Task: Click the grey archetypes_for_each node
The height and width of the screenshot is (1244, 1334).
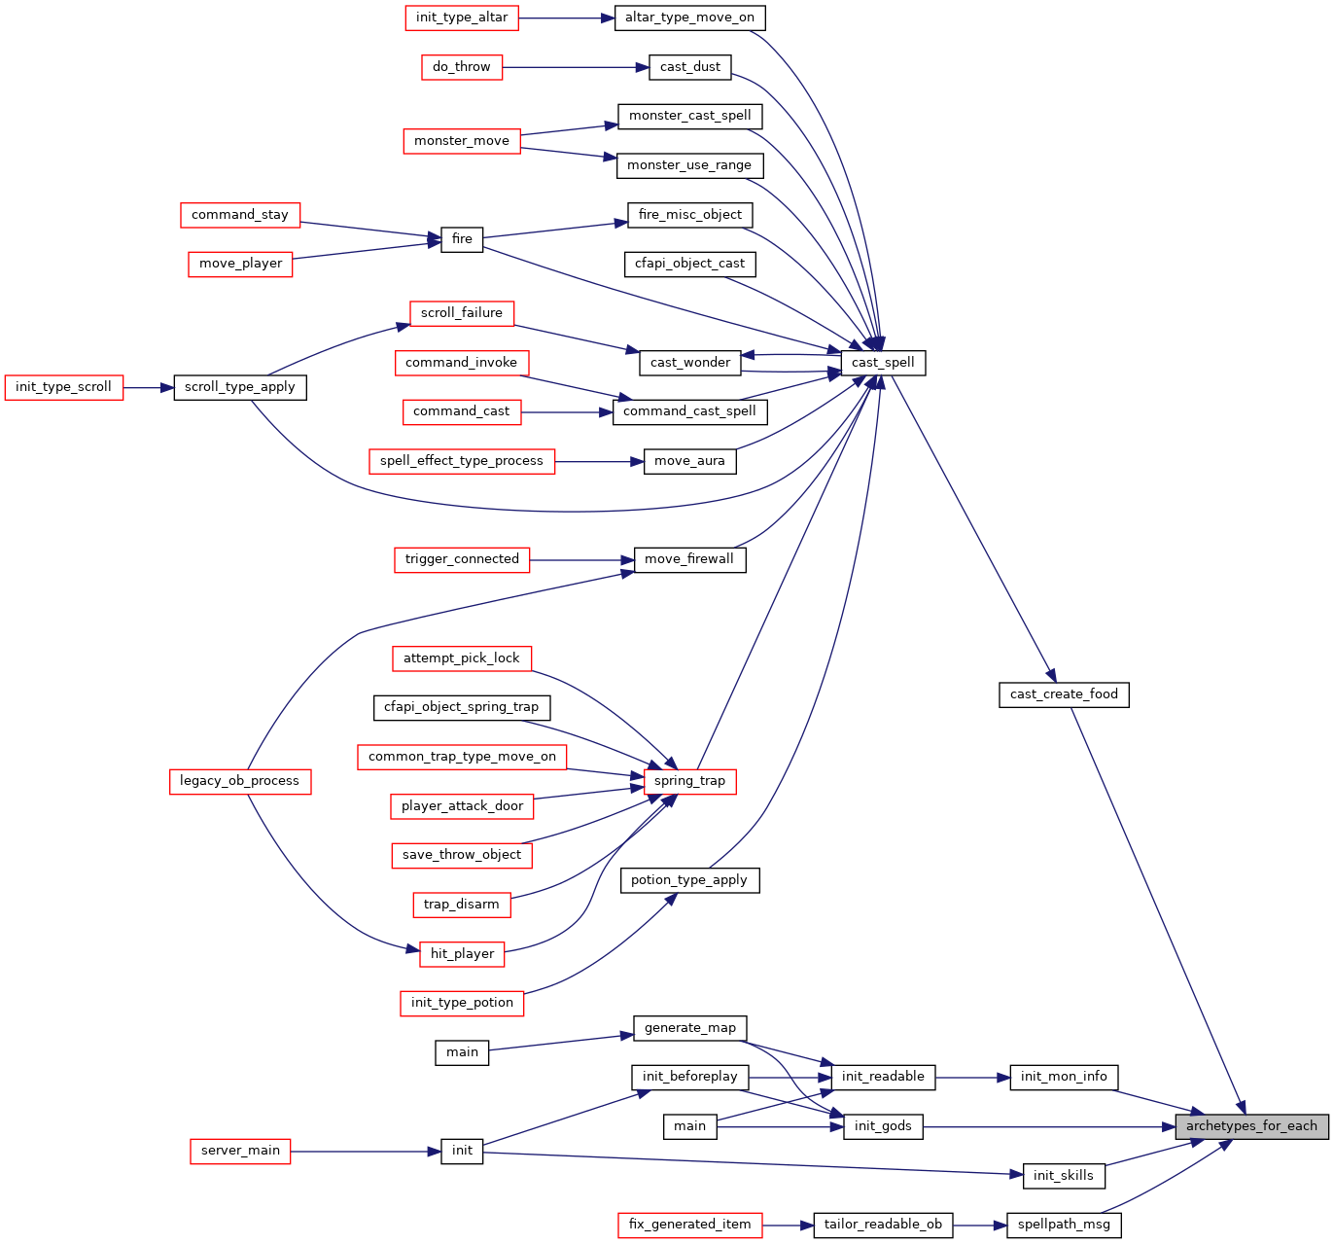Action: (1250, 1126)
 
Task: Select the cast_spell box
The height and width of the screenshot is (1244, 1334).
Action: (883, 363)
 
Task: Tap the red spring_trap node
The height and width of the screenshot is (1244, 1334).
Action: (689, 782)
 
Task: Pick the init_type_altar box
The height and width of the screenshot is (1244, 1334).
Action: (462, 18)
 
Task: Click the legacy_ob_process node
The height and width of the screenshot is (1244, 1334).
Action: (240, 782)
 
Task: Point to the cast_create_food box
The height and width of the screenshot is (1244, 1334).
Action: (1064, 694)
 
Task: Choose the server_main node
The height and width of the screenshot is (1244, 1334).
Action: (240, 1152)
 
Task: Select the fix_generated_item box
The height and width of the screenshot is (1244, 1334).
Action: (689, 1226)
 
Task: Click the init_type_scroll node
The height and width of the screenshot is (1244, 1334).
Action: (64, 388)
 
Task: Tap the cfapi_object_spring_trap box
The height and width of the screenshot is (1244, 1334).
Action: (462, 708)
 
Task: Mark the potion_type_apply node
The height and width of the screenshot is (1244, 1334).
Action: (689, 880)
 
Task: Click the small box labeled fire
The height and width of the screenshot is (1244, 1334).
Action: (462, 240)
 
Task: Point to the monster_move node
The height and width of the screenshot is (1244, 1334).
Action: (462, 141)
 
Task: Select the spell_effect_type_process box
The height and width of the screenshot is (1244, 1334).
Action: (462, 462)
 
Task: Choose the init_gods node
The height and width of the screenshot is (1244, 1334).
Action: (883, 1126)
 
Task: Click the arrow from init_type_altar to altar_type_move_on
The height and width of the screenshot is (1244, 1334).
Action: (566, 18)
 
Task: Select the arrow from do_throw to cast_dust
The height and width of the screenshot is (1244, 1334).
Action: (576, 67)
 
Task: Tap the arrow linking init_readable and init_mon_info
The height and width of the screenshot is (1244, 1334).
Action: (972, 1078)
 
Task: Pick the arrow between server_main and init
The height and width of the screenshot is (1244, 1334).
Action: (366, 1152)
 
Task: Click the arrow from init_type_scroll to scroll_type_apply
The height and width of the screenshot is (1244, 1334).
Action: (149, 388)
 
